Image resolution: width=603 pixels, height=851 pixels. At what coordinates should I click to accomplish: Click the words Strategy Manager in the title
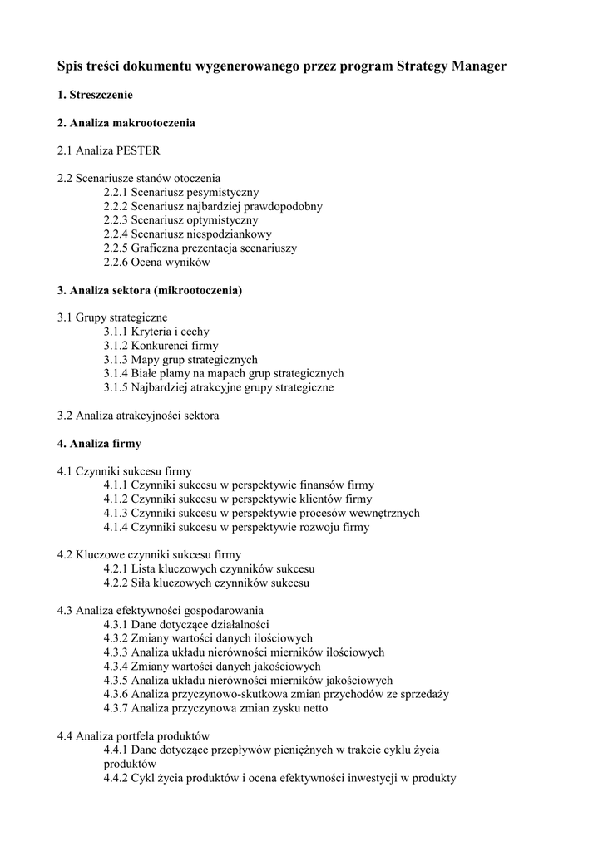pos(452,66)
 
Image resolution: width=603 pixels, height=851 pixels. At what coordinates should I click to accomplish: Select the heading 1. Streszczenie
pos(95,96)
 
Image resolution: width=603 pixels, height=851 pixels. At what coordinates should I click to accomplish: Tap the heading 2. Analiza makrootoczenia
pos(126,123)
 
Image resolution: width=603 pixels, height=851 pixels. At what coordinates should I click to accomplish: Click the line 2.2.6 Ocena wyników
pos(157,263)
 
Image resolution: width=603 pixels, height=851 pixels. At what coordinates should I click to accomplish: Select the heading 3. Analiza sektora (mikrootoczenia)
pos(150,290)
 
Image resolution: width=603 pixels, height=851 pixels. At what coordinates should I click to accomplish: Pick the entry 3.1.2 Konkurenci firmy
pos(161,346)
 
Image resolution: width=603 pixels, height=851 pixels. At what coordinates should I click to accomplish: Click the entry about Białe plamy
pos(224,374)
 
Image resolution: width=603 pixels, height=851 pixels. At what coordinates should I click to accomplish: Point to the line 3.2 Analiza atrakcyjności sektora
pos(138,416)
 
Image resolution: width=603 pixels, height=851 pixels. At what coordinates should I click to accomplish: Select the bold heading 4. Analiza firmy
pos(99,444)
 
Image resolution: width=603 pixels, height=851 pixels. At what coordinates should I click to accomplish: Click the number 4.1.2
pos(116,499)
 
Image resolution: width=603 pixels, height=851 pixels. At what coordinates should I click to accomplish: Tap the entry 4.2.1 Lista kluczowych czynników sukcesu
pos(210,569)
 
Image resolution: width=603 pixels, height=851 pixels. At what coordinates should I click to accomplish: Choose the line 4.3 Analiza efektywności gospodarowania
pos(161,611)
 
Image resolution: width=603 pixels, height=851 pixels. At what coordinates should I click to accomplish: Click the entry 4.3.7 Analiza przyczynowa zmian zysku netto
pos(216,709)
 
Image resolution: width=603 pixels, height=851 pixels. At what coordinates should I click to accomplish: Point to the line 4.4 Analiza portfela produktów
pos(133,736)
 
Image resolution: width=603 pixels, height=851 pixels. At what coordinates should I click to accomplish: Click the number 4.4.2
pos(116,779)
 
